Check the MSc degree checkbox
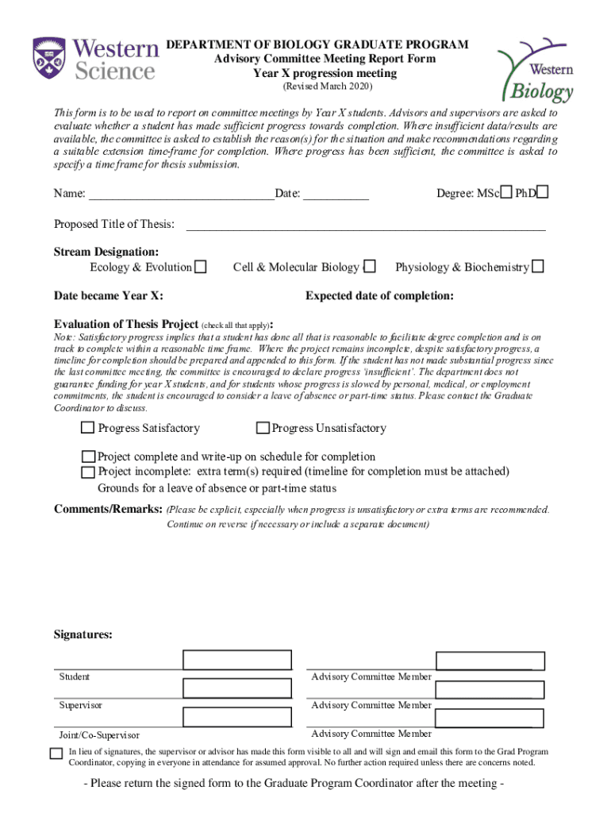tap(505, 193)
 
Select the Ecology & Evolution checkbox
tap(202, 268)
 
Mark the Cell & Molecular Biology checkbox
tap(369, 268)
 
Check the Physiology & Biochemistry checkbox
tap(538, 268)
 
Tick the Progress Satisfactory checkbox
tap(87, 428)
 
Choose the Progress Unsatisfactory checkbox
tap(263, 428)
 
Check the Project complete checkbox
tap(88, 457)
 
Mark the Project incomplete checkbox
tap(88, 472)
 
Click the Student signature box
tap(237, 660)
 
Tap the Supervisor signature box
tap(237, 688)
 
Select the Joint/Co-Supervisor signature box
tap(237, 718)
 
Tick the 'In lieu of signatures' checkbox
tap(56, 753)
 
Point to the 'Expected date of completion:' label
tap(379, 296)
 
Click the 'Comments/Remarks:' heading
tap(108, 508)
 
